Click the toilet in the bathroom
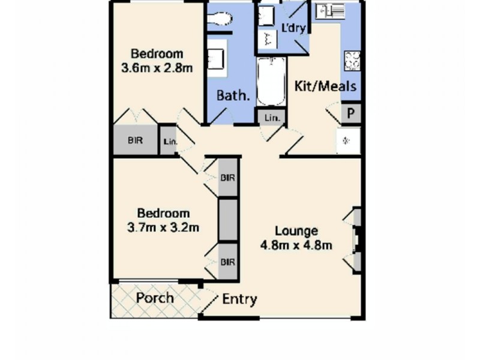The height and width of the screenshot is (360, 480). coord(219,20)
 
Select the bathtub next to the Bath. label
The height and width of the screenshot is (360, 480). coord(271,82)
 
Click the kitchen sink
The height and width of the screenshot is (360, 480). coord(331,10)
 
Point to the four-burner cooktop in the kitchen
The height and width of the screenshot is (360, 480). coord(352,61)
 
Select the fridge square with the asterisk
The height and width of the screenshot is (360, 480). coord(347,140)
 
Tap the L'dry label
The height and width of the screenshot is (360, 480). coord(293,29)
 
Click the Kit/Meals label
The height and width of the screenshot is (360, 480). coord(326,86)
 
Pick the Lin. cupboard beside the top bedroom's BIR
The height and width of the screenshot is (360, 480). coord(169,142)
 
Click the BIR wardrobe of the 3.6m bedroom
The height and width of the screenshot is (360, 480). coord(136,141)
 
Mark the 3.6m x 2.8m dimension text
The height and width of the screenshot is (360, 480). coord(157,68)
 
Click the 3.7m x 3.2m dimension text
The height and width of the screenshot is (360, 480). coord(163,227)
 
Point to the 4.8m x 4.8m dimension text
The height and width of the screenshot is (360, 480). coord(296,245)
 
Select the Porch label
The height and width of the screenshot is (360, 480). coord(155,298)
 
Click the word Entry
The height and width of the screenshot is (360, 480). coord(239,299)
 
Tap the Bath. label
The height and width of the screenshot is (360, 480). coord(233,95)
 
